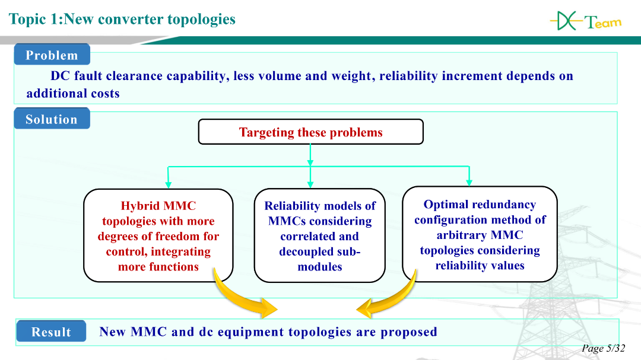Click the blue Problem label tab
(52, 55)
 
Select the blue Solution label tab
(52, 119)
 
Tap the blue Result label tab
(51, 332)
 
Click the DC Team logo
(585, 22)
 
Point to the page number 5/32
(604, 349)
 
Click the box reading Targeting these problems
(310, 132)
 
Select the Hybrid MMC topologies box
(158, 235)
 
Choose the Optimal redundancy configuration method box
(480, 234)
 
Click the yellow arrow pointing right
(249, 300)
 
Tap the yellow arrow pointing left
(386, 300)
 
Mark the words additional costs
(73, 94)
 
